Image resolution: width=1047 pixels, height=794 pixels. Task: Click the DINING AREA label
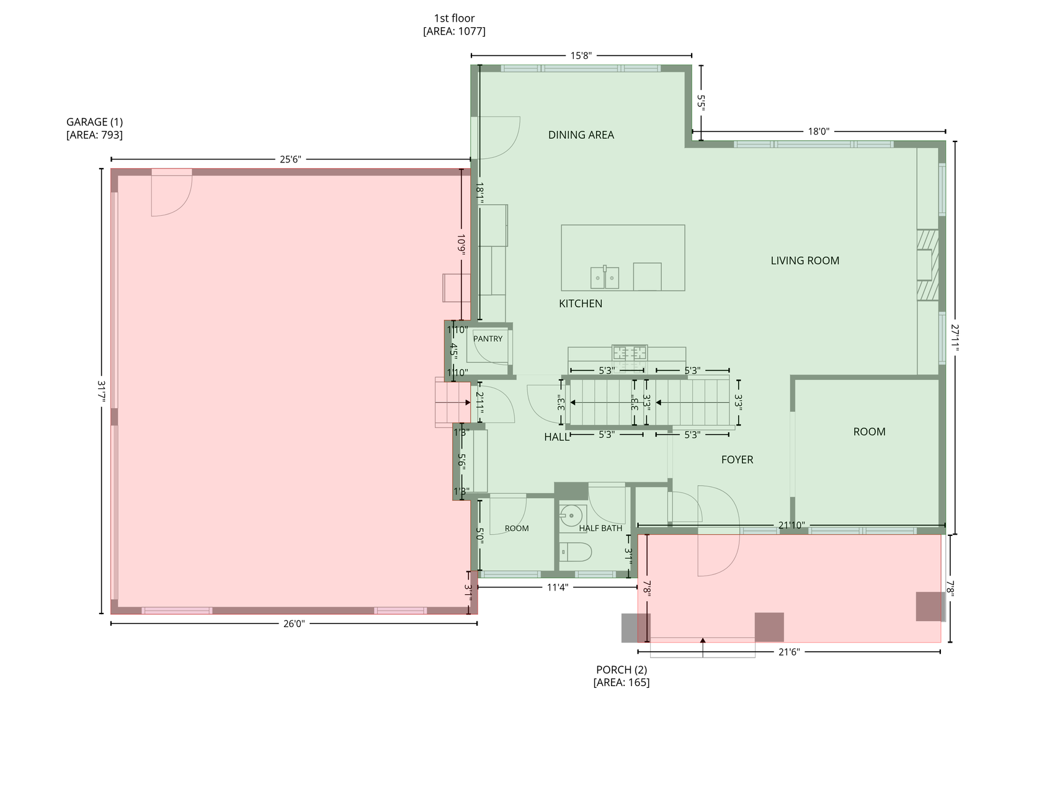(x=581, y=135)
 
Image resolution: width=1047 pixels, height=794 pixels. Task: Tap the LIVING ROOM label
(x=804, y=261)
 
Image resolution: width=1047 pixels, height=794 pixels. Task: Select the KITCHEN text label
(x=581, y=303)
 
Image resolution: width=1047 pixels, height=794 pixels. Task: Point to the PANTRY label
(x=488, y=339)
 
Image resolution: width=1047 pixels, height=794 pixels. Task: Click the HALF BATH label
(x=600, y=529)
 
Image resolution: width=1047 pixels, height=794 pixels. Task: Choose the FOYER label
(x=737, y=460)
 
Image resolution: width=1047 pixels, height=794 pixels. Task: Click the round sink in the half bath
(x=571, y=514)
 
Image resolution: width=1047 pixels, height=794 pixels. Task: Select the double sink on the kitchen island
(x=604, y=277)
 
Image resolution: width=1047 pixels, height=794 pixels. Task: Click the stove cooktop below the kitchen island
(x=630, y=353)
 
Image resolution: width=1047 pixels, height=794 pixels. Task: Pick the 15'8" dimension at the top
(x=581, y=56)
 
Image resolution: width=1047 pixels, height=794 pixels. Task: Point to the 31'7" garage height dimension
(x=102, y=391)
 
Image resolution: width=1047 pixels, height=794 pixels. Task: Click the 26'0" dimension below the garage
(x=294, y=624)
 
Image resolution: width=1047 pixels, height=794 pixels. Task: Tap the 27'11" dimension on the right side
(x=955, y=338)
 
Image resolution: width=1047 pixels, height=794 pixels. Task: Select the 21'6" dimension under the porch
(x=788, y=652)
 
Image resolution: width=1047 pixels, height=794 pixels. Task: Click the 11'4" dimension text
(x=557, y=587)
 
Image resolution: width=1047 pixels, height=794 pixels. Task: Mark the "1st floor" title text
(x=454, y=19)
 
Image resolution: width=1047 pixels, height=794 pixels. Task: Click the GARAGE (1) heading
(x=94, y=122)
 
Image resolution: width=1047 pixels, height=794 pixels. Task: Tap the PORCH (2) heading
(x=622, y=670)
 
